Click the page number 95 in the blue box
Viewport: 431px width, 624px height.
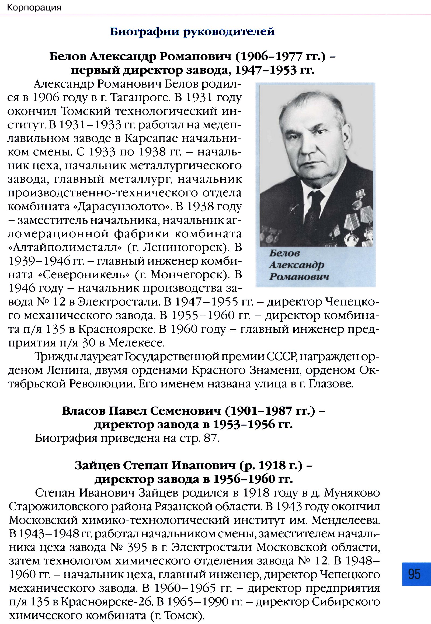[x=414, y=574]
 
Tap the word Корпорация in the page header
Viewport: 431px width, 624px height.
[x=34, y=8]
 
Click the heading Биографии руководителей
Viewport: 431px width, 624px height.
[x=192, y=32]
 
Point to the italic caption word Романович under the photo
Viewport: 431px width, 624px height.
[x=299, y=277]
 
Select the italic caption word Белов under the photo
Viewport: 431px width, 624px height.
[x=284, y=253]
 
